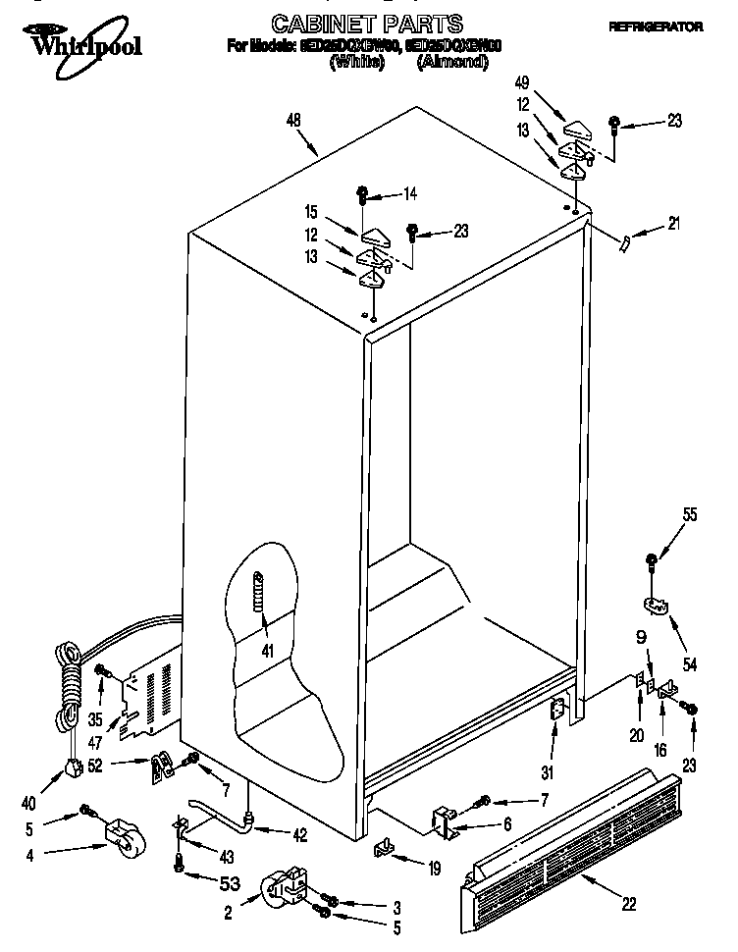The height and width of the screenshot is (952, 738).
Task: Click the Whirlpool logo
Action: [74, 41]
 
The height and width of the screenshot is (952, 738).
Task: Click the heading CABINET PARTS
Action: [352, 22]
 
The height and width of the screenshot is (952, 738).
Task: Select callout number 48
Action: [292, 121]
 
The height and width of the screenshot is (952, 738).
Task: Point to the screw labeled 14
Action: [362, 193]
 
